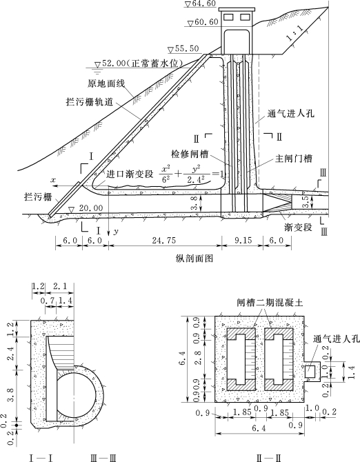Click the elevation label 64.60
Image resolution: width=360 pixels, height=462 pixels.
pos(204,3)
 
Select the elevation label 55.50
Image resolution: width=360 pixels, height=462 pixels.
pos(187,49)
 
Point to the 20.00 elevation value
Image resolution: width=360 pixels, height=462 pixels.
pos(91,208)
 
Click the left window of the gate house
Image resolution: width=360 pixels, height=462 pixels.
pos(228,17)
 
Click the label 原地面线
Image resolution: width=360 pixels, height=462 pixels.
pos(106,83)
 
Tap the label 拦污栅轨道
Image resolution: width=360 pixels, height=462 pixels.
pos(90,102)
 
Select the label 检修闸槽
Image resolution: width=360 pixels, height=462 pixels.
pos(190,154)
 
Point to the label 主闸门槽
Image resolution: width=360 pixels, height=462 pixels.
pos(293,159)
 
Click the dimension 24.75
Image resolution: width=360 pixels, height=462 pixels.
pos(164,241)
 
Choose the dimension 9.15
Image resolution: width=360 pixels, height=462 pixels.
pos(242,241)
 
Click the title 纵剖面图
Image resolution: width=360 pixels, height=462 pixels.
pos(194,259)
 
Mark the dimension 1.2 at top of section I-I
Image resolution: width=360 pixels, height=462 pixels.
pos(39,286)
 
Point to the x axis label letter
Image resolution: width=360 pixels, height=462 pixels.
pos(53,179)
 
